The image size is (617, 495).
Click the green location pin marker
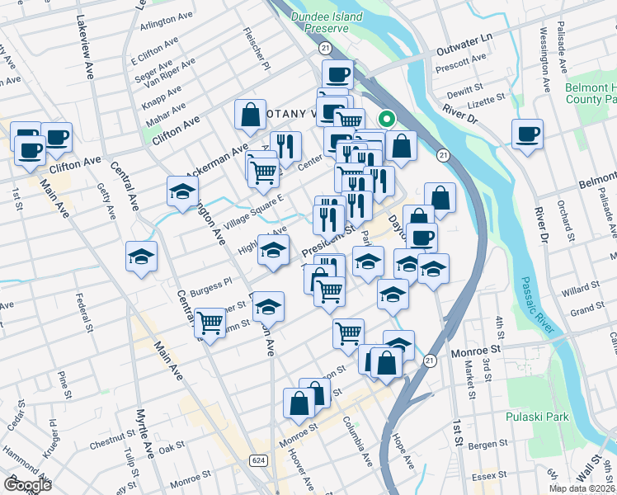[x=388, y=119]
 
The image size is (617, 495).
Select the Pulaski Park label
[x=538, y=417]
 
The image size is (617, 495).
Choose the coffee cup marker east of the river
[x=527, y=134]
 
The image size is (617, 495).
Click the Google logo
[x=27, y=484]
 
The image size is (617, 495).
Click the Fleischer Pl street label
[x=252, y=48]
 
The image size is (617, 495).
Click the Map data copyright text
[x=582, y=488]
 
